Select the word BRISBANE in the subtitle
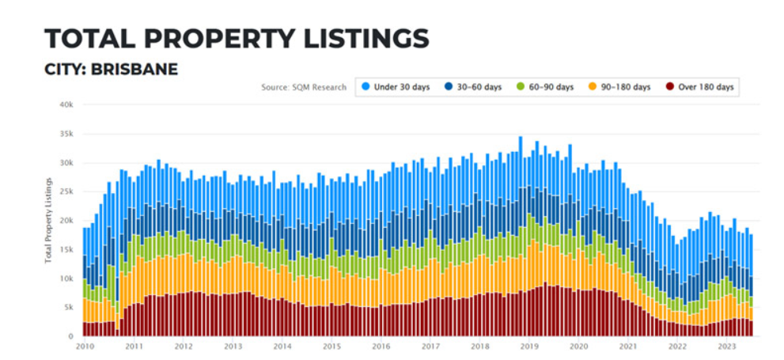tap(134, 70)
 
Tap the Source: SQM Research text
tap(304, 87)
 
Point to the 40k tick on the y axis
tap(66, 104)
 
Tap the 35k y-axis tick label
tap(66, 134)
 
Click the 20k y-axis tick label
tap(66, 221)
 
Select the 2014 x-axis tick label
tap(282, 347)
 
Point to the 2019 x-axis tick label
tap(528, 347)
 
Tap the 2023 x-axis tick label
tap(726, 347)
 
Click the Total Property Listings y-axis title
tap(50, 221)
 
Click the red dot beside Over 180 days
tap(669, 87)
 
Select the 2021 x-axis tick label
tap(628, 347)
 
